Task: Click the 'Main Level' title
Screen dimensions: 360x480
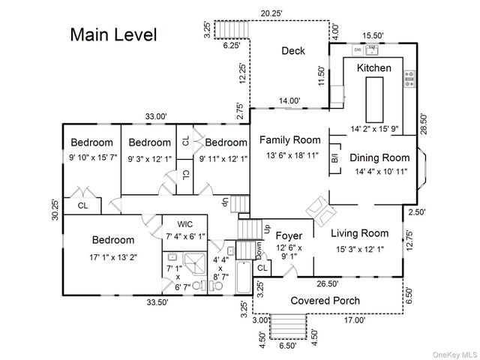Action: click(113, 35)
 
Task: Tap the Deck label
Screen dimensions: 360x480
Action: click(293, 51)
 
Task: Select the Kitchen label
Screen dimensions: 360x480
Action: click(373, 68)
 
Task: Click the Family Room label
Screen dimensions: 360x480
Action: click(289, 140)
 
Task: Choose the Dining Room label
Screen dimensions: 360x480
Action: click(379, 157)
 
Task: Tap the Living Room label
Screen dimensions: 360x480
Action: click(360, 233)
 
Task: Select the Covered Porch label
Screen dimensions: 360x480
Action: click(325, 301)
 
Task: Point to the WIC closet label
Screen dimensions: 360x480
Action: click(186, 223)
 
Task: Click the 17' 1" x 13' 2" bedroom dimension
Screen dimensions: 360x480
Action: click(113, 257)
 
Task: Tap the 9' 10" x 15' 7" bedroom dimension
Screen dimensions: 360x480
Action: click(92, 157)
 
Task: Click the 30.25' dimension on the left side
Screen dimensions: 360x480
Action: click(55, 214)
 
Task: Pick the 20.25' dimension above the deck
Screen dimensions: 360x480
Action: click(272, 13)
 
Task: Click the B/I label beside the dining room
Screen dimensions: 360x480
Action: click(335, 157)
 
